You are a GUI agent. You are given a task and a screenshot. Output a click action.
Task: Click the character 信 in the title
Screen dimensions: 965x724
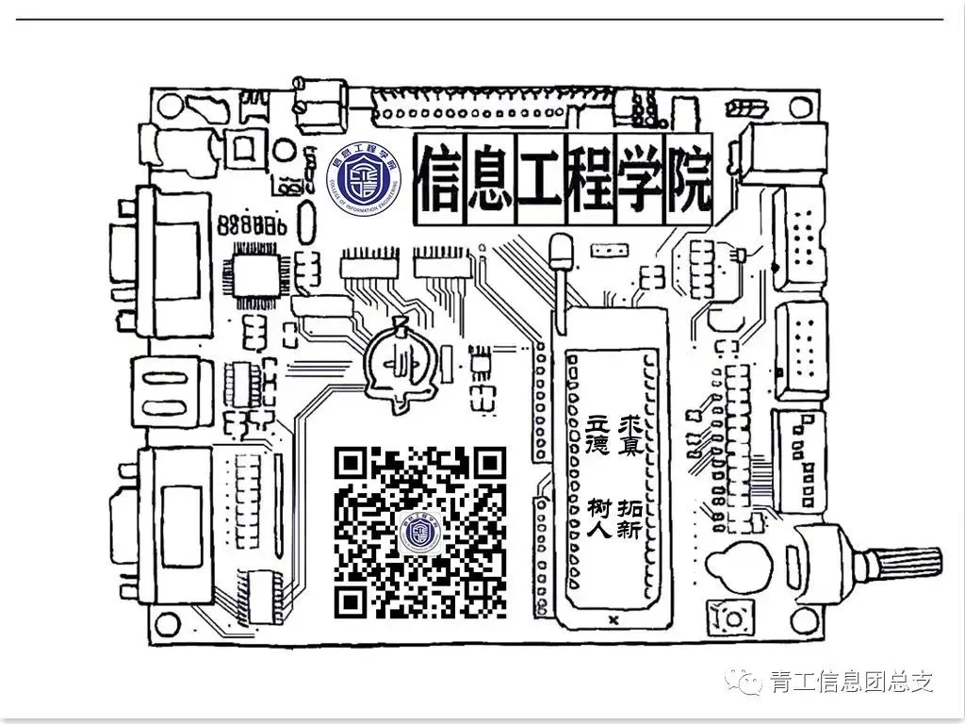click(x=439, y=180)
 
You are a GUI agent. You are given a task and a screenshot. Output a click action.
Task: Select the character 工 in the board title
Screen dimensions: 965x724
click(x=539, y=180)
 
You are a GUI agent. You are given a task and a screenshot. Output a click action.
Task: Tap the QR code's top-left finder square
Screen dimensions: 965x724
click(x=352, y=463)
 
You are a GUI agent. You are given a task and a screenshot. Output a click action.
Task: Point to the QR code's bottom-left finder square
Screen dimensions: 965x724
click(x=352, y=600)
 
